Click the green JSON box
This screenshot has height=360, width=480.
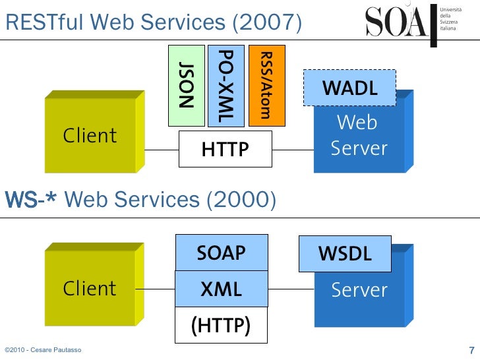(187, 85)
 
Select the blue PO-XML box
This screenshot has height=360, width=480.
(225, 85)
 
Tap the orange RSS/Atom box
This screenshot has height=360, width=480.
(266, 85)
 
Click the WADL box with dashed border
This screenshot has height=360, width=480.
(349, 88)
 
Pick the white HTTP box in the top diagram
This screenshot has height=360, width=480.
(225, 150)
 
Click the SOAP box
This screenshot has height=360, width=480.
(222, 253)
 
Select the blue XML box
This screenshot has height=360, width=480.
(222, 289)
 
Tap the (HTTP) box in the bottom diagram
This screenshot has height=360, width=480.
(221, 325)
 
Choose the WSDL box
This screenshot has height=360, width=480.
(345, 254)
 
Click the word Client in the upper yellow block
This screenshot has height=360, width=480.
(90, 136)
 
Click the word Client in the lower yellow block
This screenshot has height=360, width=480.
(90, 289)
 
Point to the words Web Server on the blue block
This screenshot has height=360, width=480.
(359, 135)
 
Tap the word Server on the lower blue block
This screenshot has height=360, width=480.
(359, 290)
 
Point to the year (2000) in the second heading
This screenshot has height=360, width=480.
(241, 199)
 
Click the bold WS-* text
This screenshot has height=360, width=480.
(33, 199)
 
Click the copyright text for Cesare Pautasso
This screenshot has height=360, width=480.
(43, 349)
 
